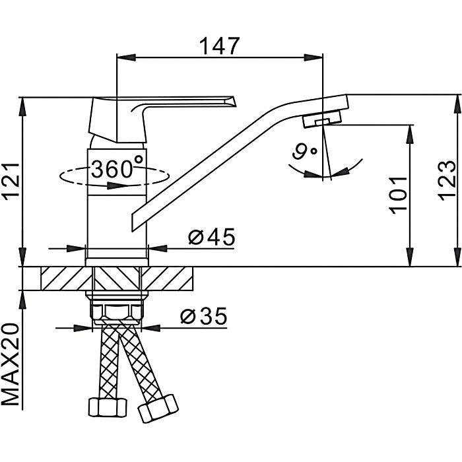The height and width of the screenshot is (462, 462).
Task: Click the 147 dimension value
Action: coord(220,46)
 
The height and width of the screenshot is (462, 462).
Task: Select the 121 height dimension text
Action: coord(11,181)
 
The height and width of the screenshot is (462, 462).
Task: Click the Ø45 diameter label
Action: coord(212,236)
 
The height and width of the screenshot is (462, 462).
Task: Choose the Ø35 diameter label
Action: coord(203,316)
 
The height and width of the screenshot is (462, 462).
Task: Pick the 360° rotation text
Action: coord(117,168)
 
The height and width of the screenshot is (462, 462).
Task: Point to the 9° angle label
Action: coord(304,151)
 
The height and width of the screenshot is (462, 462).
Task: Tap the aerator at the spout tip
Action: coord(322,118)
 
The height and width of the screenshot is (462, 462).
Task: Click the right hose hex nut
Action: coord(158,409)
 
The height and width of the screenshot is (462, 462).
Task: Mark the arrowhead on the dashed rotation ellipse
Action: coord(117,185)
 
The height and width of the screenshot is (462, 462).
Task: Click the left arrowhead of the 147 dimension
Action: coord(127,57)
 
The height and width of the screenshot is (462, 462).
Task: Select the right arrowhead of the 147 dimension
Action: coord(313,57)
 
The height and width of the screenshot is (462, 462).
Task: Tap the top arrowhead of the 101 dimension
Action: coord(410,135)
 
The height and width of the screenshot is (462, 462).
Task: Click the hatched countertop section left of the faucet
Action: coord(66,279)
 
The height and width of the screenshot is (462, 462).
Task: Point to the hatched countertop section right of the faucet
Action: coord(167,279)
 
